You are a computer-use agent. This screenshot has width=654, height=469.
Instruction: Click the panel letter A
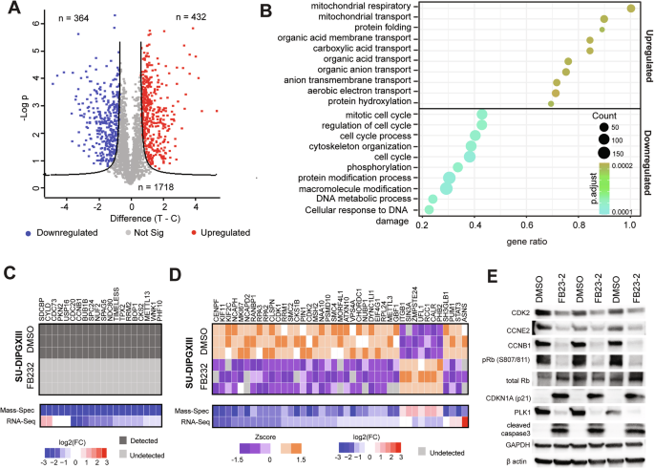[x=8, y=10]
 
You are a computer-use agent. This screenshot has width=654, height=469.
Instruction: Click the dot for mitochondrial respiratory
[x=630, y=9]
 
